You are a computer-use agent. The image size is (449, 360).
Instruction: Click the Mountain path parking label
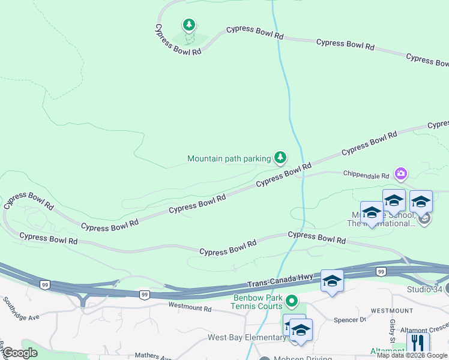pyautogui.click(x=229, y=159)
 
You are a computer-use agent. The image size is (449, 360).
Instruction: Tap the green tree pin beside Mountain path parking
pyautogui.click(x=280, y=158)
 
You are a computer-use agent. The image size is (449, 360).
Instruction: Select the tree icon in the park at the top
pyautogui.click(x=189, y=25)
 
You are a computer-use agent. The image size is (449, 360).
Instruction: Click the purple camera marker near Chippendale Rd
pyautogui.click(x=401, y=174)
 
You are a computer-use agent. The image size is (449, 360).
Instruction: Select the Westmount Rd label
pyautogui.click(x=190, y=308)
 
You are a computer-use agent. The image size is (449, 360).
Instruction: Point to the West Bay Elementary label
pyautogui.click(x=247, y=338)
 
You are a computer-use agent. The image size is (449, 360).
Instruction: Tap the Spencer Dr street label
pyautogui.click(x=350, y=320)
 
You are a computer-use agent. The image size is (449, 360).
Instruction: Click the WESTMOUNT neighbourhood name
pyautogui.click(x=391, y=311)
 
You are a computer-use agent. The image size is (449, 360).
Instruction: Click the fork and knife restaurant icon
pyautogui.click(x=417, y=343)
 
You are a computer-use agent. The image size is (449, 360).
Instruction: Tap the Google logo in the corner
pyautogui.click(x=20, y=353)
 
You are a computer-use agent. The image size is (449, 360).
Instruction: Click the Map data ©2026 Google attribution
pyautogui.click(x=412, y=356)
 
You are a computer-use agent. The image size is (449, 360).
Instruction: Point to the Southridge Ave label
pyautogui.click(x=20, y=308)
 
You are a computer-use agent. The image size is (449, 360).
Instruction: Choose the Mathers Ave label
pyautogui.click(x=154, y=356)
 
